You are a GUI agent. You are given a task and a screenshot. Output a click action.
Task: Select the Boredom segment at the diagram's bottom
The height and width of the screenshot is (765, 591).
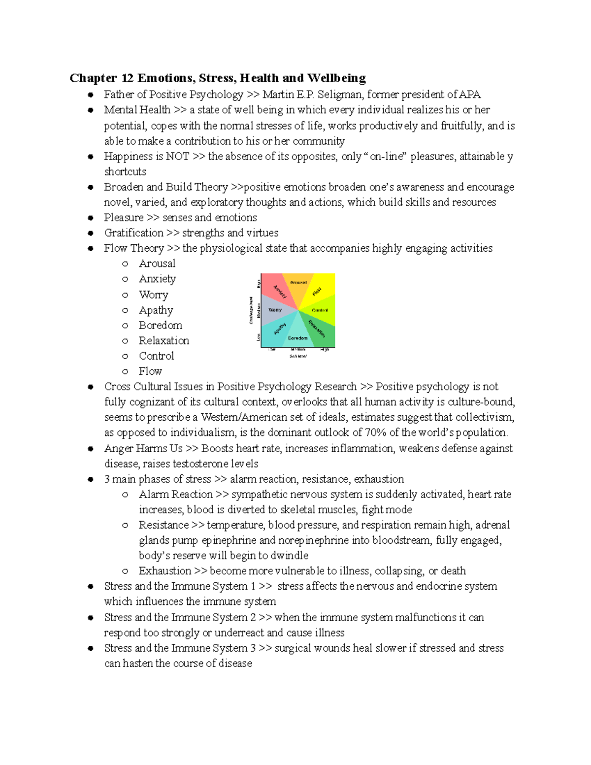point(297,335)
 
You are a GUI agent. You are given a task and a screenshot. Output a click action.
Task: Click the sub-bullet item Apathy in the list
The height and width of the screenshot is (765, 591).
point(156,310)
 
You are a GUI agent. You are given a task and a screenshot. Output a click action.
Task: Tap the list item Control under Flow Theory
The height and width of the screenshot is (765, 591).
point(156,356)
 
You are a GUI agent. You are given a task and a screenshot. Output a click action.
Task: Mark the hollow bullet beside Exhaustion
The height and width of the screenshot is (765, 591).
point(125,571)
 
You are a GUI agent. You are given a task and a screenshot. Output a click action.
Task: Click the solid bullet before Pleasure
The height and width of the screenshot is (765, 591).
point(90,218)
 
